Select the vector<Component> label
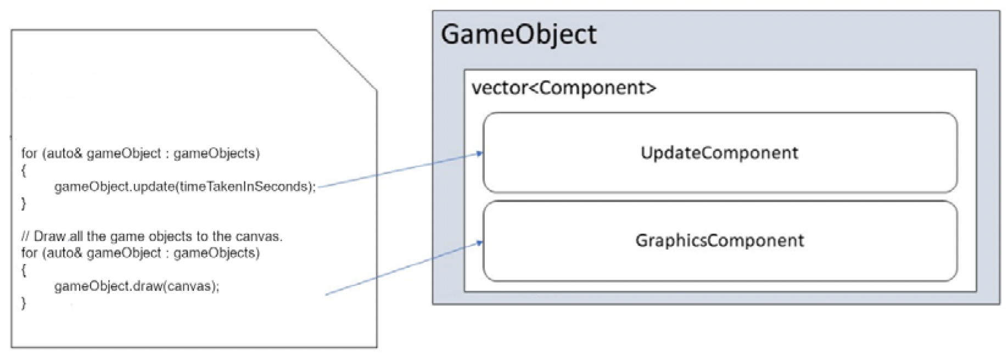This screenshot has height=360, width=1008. pos(564,88)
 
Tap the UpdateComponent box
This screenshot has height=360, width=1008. pos(720,153)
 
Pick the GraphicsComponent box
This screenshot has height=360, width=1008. pos(720,241)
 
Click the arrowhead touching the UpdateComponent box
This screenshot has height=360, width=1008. pos(480,154)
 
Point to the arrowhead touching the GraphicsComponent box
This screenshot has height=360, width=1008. pos(480,243)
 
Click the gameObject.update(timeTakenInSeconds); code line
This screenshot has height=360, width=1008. pos(185,187)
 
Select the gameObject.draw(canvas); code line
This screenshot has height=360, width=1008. pos(137,286)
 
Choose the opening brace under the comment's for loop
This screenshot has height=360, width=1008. pos(24,270)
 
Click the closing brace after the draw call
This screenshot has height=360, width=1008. pos(24,303)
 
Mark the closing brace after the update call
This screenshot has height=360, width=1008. pos(24,204)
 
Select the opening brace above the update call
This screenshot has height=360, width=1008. pos(24,171)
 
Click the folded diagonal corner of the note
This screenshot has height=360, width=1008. pos(347,60)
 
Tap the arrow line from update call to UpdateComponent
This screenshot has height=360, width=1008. pos(400,170)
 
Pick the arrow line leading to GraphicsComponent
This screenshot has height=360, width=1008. pos(404,268)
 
